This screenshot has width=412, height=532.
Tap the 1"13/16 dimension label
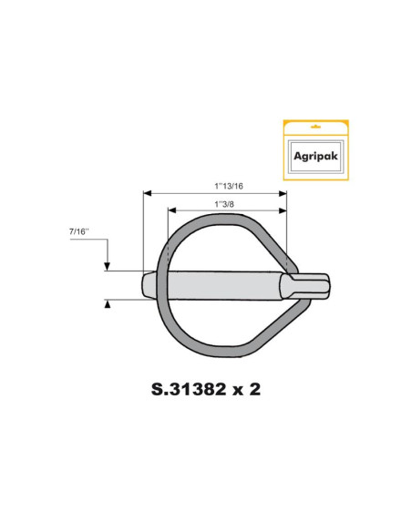click(x=215, y=184)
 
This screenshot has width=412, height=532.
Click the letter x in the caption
click(x=240, y=390)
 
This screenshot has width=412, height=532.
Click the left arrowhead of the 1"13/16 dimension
click(x=147, y=192)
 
